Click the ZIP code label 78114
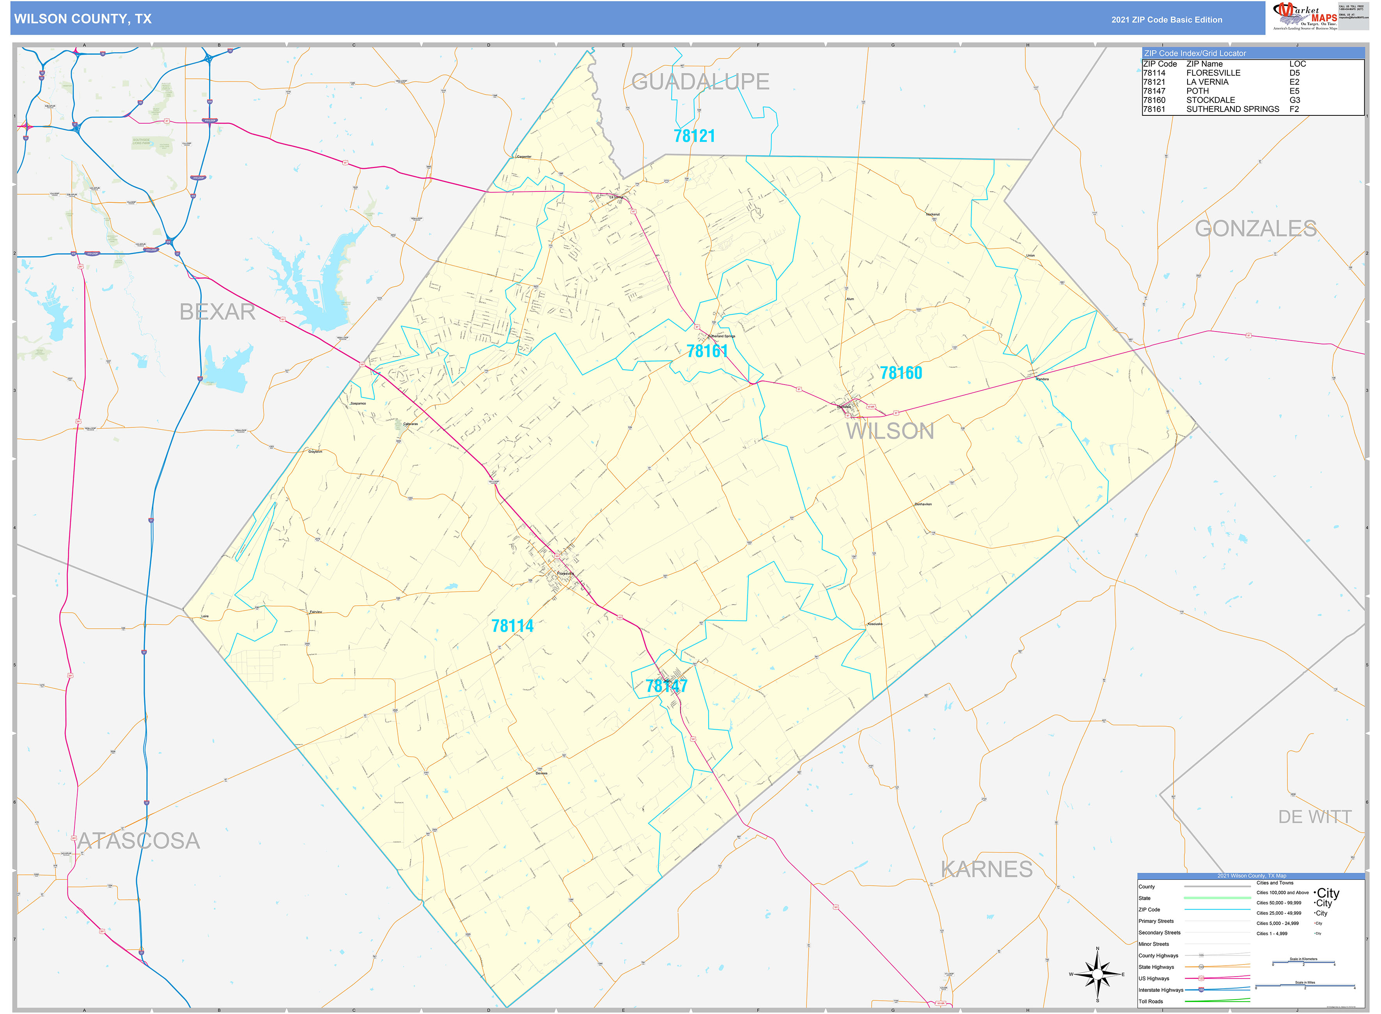point(512,626)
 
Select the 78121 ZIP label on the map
point(694,136)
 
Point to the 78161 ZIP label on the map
point(707,351)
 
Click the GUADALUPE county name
point(700,82)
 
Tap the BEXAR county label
point(217,312)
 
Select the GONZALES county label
point(1255,228)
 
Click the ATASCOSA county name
point(139,841)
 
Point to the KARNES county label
point(986,869)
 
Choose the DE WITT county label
point(1315,817)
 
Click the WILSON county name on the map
point(890,431)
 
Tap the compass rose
point(1097,974)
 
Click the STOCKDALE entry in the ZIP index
point(1210,100)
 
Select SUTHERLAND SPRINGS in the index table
point(1232,109)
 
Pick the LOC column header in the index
point(1298,64)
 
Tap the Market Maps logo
point(1304,16)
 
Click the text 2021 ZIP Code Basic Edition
point(1166,19)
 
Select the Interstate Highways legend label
point(1161,990)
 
